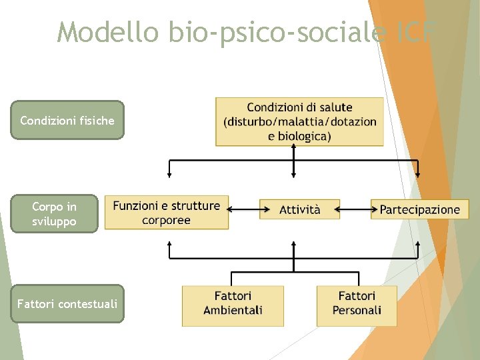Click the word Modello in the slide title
point(106,31)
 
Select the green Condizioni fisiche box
point(67,121)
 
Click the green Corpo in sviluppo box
point(54,214)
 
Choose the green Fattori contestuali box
point(67,304)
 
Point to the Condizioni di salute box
point(299,121)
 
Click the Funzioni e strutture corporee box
point(167,213)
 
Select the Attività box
point(299,209)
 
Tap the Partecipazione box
point(419,209)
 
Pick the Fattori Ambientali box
point(233,303)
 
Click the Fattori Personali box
point(357,303)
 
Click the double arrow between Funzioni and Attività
point(244,209)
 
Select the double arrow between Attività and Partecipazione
point(355,209)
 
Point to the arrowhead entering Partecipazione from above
point(418,175)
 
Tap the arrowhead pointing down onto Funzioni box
point(169,175)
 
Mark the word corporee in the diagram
point(167,220)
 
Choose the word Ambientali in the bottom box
point(233,311)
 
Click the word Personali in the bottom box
point(357,311)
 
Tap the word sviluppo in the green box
point(54,221)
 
